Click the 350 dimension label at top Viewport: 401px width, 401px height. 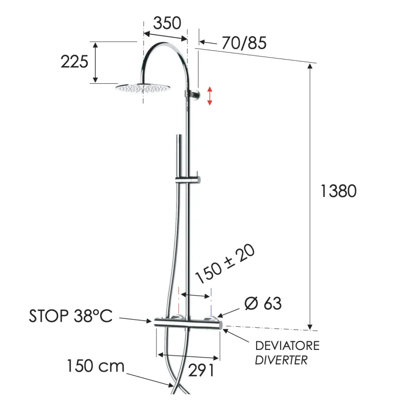(x=167, y=23)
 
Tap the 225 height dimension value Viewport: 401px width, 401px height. (x=74, y=62)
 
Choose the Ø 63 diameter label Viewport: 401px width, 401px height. (x=263, y=303)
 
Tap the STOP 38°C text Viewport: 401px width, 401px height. (x=71, y=316)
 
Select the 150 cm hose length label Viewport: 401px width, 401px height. (x=96, y=366)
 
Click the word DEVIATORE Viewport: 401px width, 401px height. (x=287, y=346)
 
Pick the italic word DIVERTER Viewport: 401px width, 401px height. (x=281, y=360)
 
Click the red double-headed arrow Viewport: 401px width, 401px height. (x=210, y=96)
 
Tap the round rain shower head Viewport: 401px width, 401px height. (x=143, y=88)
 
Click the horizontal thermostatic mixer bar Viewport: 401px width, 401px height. (x=186, y=324)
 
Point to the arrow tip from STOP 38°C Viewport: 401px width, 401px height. (x=151, y=321)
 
